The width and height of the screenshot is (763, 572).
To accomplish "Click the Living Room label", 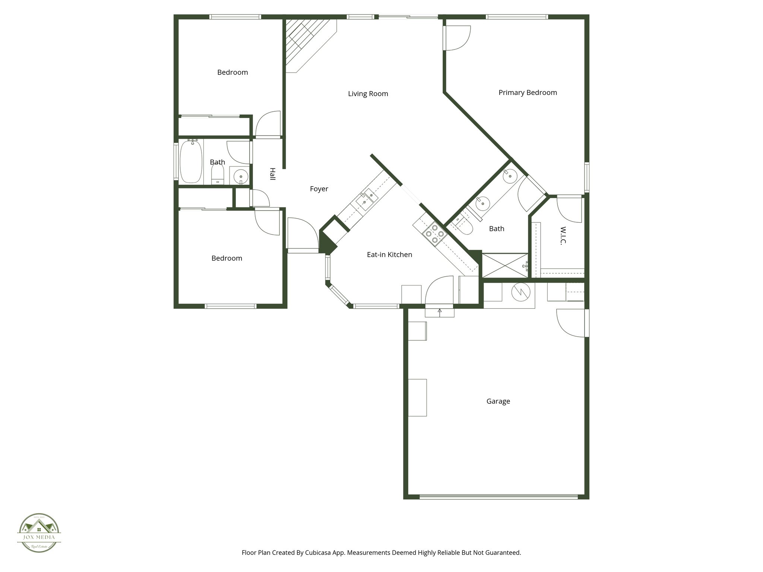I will click(368, 94).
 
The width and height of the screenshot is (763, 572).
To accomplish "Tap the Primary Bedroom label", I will click(528, 93).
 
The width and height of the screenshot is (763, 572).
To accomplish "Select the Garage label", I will click(498, 401).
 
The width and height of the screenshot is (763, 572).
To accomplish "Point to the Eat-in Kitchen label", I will click(389, 255).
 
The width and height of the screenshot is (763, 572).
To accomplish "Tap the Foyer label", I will click(319, 189).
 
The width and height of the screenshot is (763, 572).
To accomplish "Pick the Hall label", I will click(272, 174).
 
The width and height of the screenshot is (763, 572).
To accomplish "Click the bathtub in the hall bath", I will click(191, 162).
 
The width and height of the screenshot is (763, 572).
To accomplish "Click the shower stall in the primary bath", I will click(505, 266).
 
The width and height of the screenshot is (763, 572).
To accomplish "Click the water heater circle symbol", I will click(520, 292).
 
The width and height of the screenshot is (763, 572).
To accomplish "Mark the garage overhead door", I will click(498, 496).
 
